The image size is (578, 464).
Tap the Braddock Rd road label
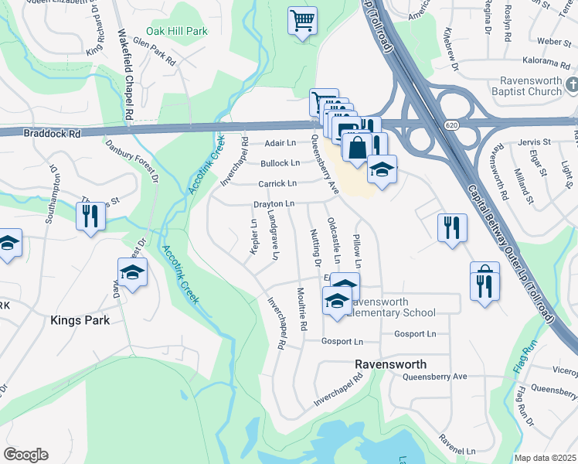pos(53,133)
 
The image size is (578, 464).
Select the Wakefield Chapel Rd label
pos(125,73)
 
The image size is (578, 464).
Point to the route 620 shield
pos(452,124)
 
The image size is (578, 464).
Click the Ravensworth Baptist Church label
pos(518,86)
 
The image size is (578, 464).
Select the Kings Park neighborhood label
pos(80,319)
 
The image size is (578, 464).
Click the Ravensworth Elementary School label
pos(392,307)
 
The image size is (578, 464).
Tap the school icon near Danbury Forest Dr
pos(133,272)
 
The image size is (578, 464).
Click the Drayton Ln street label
pos(274,203)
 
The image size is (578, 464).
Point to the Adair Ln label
pos(280,143)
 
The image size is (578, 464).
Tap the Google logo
pos(25,455)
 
